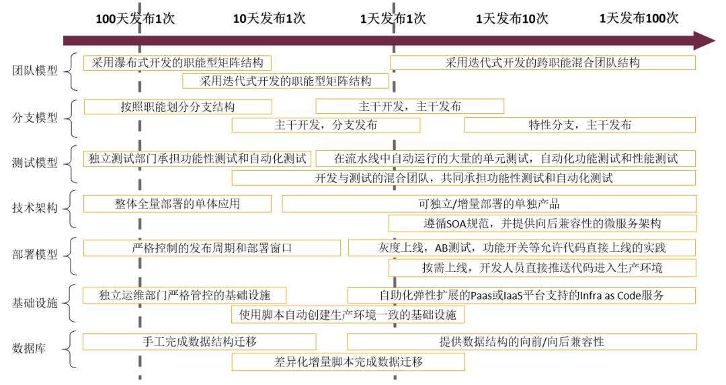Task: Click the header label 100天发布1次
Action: (x=135, y=18)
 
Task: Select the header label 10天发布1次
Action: (x=268, y=18)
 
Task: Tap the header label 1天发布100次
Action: (x=639, y=18)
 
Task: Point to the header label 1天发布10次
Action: (x=512, y=18)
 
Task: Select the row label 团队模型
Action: (x=35, y=71)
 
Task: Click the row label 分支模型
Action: (x=35, y=118)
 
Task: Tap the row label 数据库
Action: (x=30, y=348)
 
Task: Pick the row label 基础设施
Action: (x=35, y=303)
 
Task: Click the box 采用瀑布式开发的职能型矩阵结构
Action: (x=177, y=63)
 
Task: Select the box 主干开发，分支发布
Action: (x=325, y=125)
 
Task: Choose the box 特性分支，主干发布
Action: (x=579, y=125)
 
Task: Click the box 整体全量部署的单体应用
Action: (x=177, y=203)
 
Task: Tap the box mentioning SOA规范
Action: (x=542, y=223)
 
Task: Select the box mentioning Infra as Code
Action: (x=521, y=295)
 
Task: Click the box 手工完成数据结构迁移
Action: (x=200, y=341)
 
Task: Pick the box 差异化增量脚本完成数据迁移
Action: (x=348, y=361)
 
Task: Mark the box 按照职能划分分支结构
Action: (x=177, y=106)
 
